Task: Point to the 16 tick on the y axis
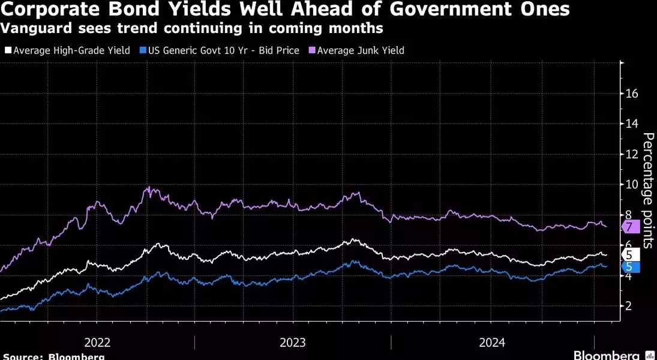coord(632,94)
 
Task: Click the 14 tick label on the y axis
coord(632,124)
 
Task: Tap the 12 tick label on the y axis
coord(632,154)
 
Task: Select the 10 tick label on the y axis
coord(632,184)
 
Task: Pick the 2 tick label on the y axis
coord(628,306)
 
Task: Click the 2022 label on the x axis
coord(97,343)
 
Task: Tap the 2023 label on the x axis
coord(292,343)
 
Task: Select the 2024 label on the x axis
coord(491,343)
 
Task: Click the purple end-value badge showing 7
coord(630,227)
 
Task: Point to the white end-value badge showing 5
coord(630,254)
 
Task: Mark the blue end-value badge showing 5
coord(630,266)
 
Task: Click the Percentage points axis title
coord(648,190)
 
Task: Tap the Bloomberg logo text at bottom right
coord(607,355)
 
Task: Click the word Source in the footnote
coord(21,356)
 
